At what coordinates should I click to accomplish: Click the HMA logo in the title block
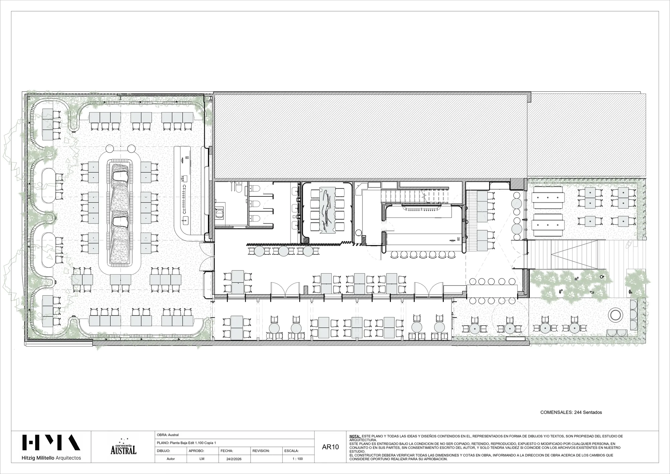pyautogui.click(x=51, y=442)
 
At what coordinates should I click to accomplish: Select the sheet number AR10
pyautogui.click(x=330, y=447)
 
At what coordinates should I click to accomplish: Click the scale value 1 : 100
pyautogui.click(x=298, y=459)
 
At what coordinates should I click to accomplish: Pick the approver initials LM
pyautogui.click(x=202, y=459)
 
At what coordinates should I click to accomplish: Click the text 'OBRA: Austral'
pyautogui.click(x=168, y=435)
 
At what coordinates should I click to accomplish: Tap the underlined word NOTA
pyautogui.click(x=355, y=436)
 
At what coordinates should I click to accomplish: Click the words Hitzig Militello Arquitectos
pyautogui.click(x=51, y=458)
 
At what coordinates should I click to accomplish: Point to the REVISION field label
pyautogui.click(x=261, y=451)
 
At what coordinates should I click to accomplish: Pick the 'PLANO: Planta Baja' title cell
pyautogui.click(x=186, y=443)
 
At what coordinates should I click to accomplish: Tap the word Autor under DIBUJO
pyautogui.click(x=171, y=459)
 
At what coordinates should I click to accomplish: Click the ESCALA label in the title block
pyautogui.click(x=291, y=451)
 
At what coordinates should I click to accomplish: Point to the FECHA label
pyautogui.click(x=227, y=451)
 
